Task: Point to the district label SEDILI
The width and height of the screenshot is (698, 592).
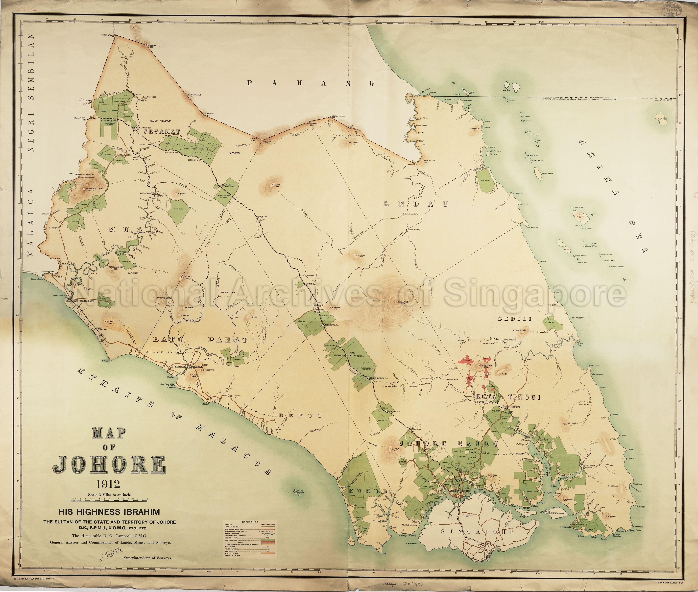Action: (515, 319)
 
